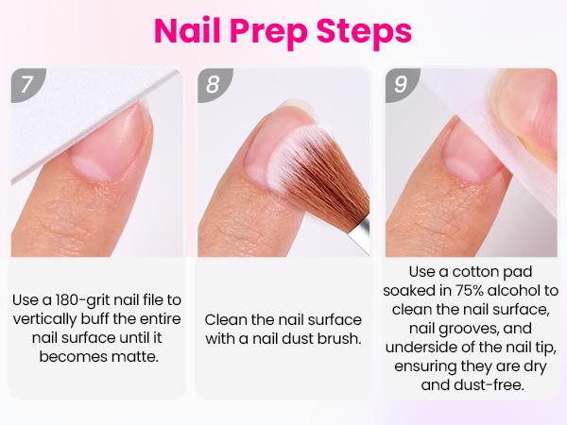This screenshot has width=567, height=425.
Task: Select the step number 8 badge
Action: [x=213, y=83]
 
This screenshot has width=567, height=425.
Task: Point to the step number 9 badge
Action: [x=402, y=83]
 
